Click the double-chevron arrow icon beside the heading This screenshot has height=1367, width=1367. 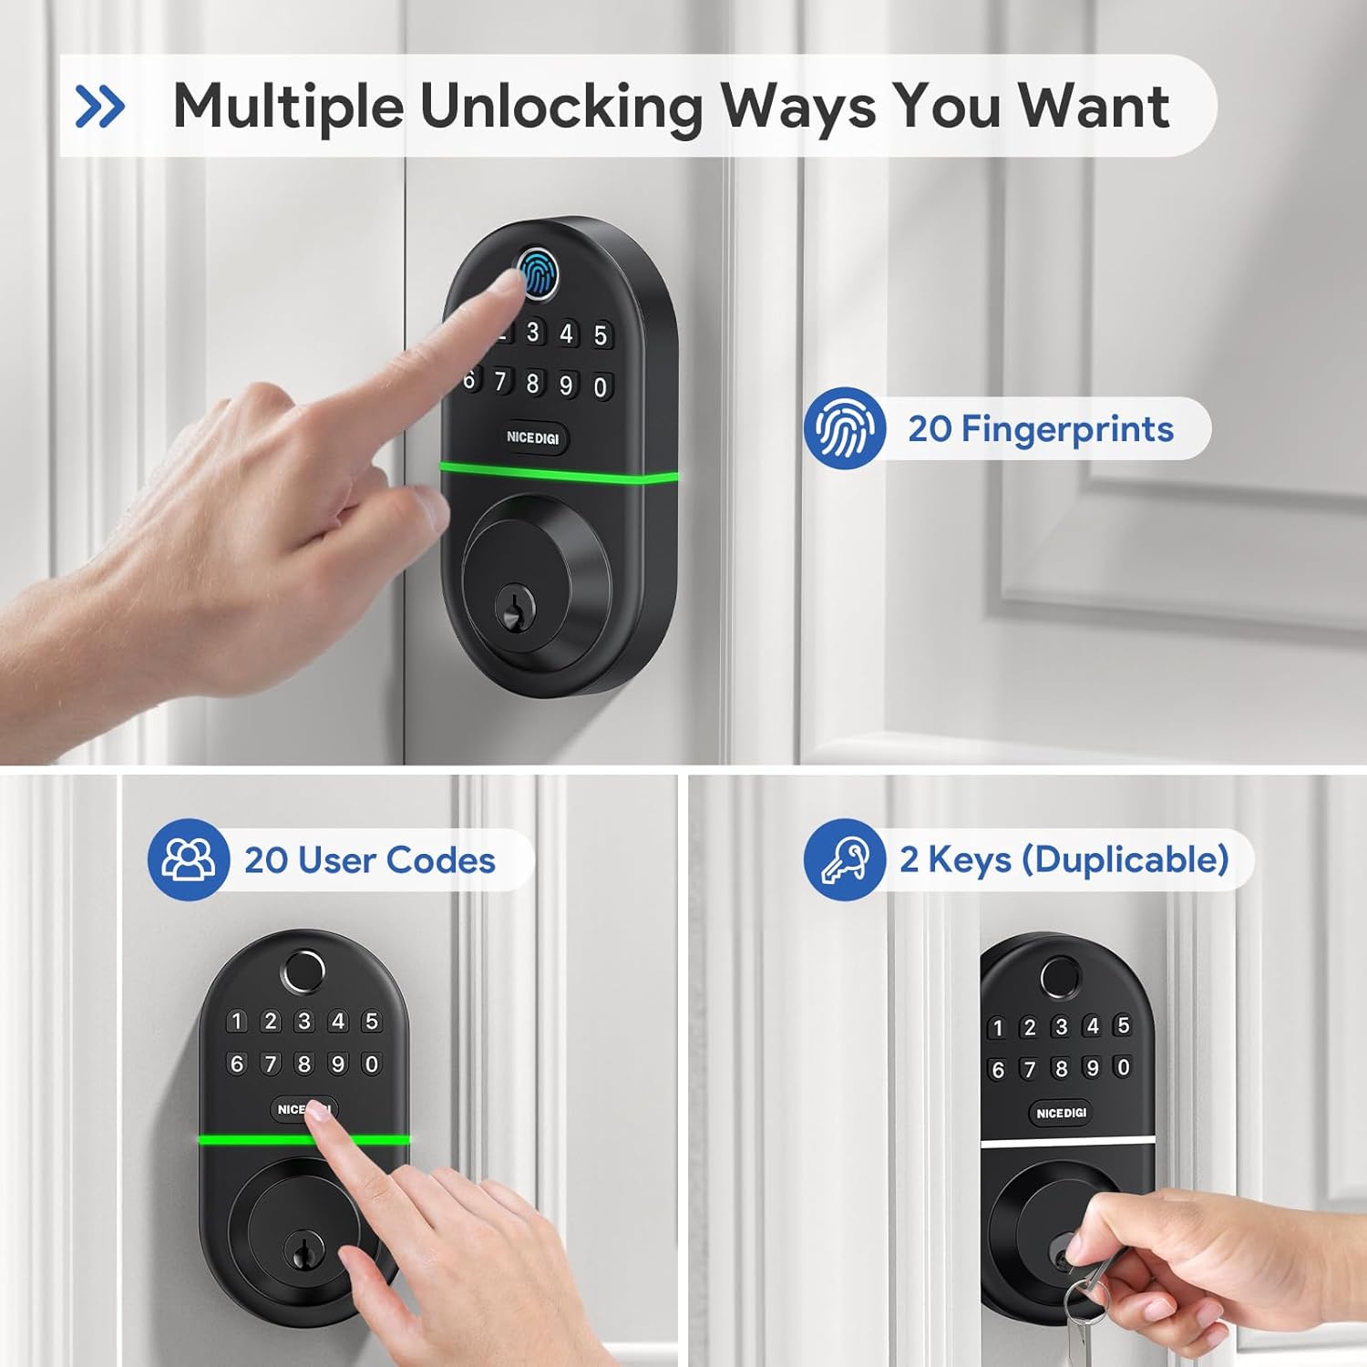coord(100,107)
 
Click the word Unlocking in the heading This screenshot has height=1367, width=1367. coord(561,108)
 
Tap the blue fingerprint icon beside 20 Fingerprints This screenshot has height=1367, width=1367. coord(845,428)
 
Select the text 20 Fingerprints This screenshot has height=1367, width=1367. coord(1041,428)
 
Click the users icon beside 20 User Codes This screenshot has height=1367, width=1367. coord(189,859)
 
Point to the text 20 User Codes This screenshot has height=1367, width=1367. coord(370,859)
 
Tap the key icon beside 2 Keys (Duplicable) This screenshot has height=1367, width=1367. coord(845,859)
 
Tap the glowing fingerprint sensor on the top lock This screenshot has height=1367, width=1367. coord(538,273)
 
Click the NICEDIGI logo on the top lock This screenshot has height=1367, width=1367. coord(533,437)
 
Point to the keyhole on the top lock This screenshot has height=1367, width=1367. coord(512,607)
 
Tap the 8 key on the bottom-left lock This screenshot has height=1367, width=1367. coord(304,1064)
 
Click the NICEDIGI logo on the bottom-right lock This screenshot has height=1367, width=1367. coord(1061,1113)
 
